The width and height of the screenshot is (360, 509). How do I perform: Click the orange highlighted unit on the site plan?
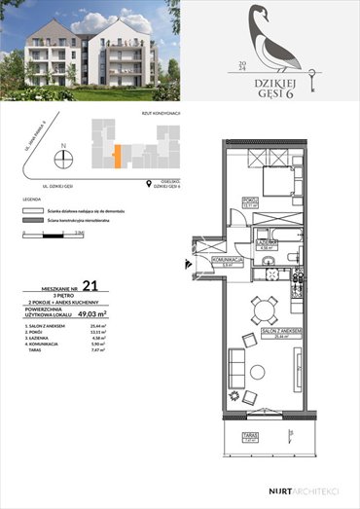[x=117, y=156]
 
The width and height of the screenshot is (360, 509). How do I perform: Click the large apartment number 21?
[x=90, y=285]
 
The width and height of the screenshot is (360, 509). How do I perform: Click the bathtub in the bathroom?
[x=264, y=242]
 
